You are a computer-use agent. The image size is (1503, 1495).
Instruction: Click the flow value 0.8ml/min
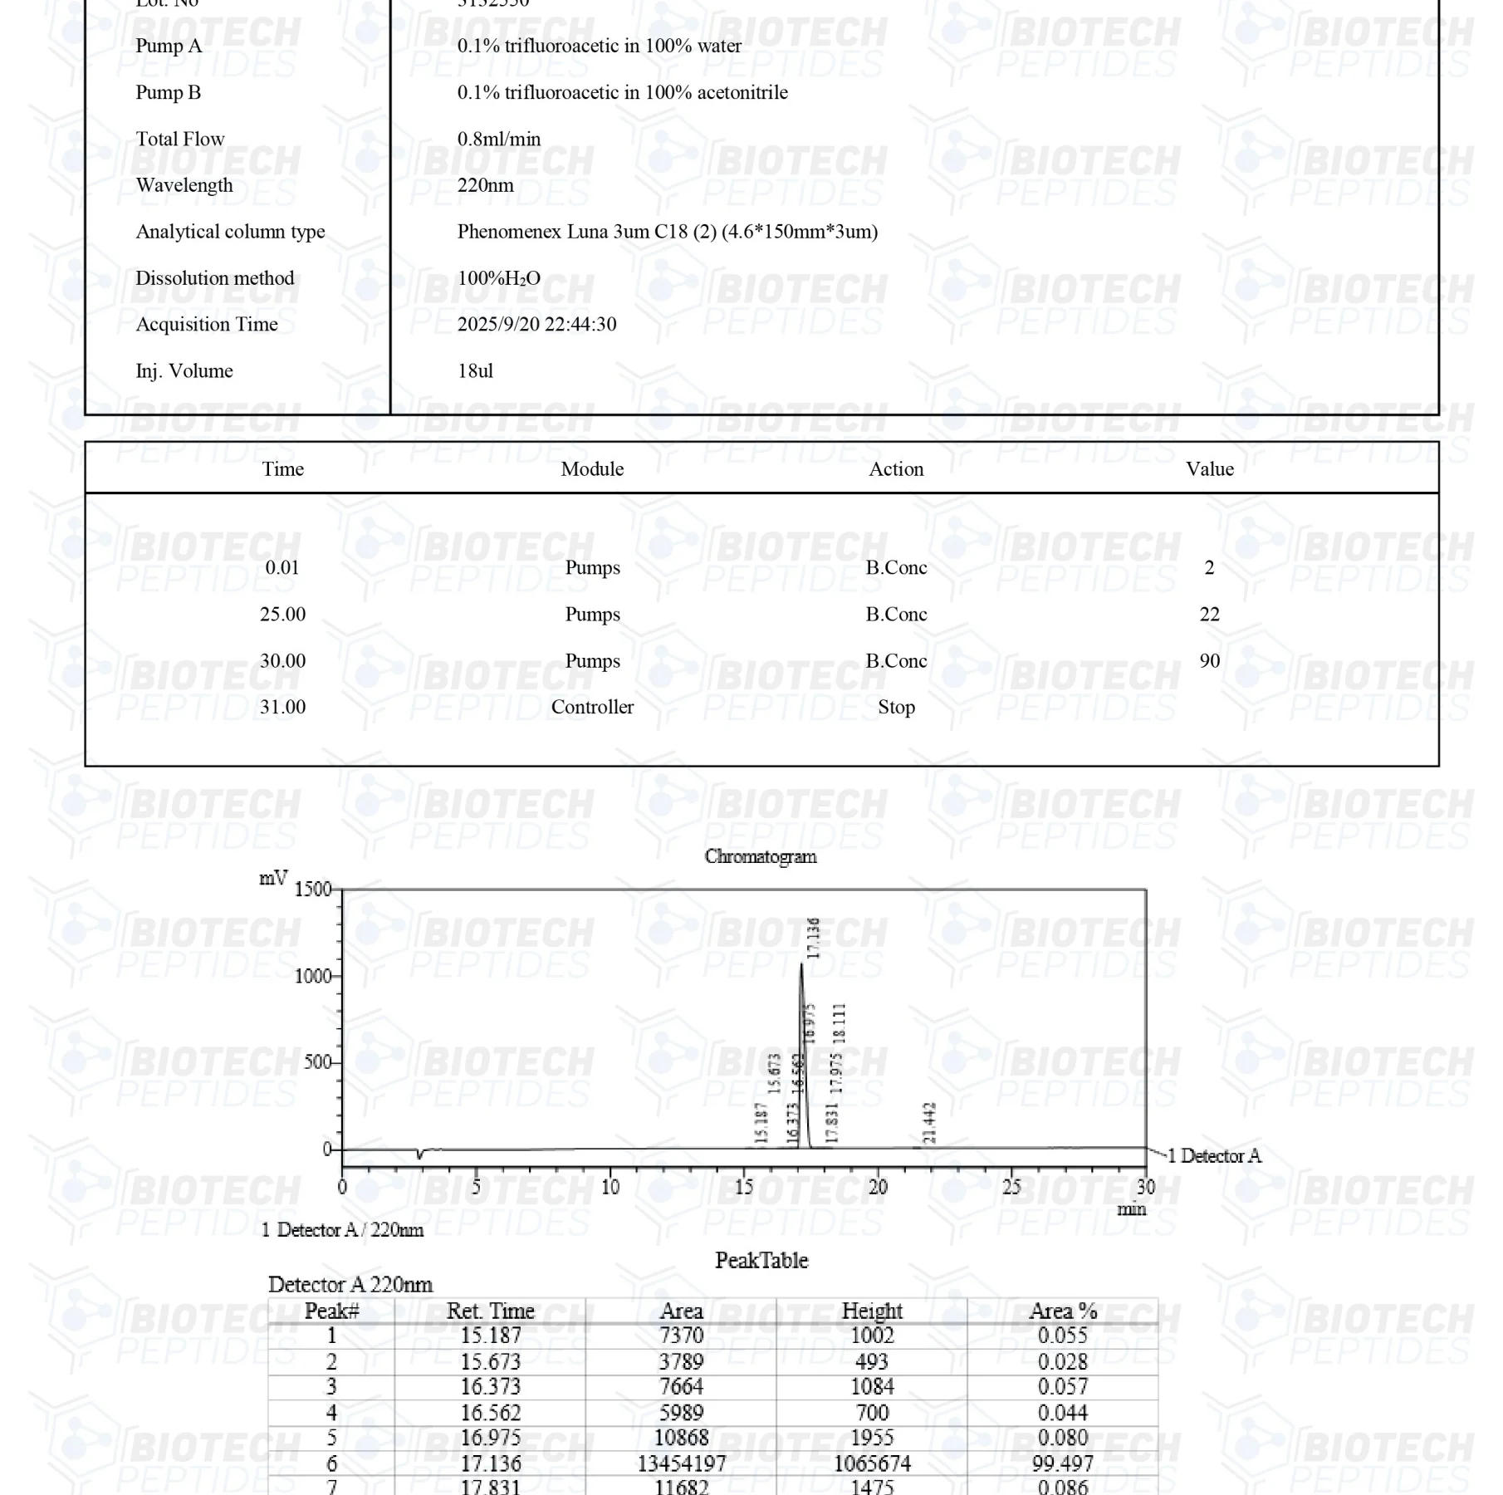[x=498, y=139]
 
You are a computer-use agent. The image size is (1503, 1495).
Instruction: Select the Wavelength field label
[x=184, y=185]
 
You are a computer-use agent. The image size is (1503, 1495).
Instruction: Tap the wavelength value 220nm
[x=485, y=185]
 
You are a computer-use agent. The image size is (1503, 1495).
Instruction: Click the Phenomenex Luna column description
[x=667, y=232]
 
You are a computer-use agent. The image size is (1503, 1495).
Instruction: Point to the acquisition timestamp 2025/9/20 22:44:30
[x=536, y=324]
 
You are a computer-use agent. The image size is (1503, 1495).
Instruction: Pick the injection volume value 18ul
[x=475, y=370]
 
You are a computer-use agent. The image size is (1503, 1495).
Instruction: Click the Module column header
[x=591, y=469]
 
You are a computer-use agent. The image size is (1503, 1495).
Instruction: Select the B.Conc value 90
[x=1209, y=660]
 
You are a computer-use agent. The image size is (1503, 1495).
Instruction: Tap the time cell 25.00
[x=282, y=614]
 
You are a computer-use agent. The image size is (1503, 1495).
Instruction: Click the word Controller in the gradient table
[x=591, y=707]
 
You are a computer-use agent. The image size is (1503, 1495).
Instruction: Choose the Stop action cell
[x=896, y=707]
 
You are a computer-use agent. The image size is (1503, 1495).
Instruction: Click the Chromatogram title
[x=760, y=856]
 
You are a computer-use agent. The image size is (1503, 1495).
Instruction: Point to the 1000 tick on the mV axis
[x=313, y=976]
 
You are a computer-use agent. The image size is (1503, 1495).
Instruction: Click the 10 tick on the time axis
[x=610, y=1187]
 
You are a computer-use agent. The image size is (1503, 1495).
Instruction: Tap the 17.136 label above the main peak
[x=813, y=938]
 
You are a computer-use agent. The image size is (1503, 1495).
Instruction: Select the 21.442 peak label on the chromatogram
[x=929, y=1122]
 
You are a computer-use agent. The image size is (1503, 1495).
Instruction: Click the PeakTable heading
[x=761, y=1260]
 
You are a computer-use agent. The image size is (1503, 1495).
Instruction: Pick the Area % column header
[x=1063, y=1311]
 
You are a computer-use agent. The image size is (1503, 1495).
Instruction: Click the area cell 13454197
[x=681, y=1463]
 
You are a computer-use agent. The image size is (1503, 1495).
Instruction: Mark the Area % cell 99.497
[x=1063, y=1463]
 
